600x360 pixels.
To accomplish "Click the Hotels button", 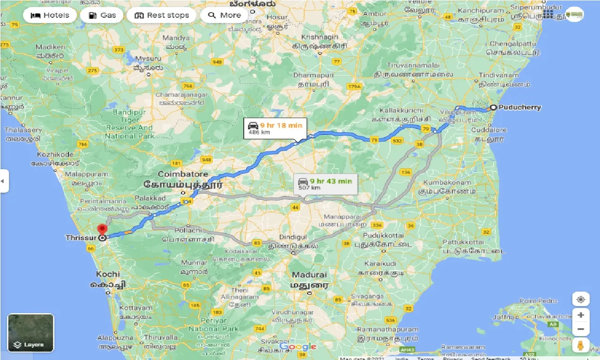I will (x=49, y=15).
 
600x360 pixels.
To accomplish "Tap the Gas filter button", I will (x=101, y=15).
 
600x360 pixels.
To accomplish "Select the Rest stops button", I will (x=161, y=15).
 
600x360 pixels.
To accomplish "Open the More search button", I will (x=224, y=15).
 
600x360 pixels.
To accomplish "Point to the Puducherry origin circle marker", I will (x=493, y=107).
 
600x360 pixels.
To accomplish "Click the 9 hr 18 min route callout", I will (x=275, y=128).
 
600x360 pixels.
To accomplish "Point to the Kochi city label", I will (x=108, y=274).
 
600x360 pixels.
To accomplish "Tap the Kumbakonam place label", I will (x=449, y=183).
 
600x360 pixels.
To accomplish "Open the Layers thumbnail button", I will (x=31, y=333).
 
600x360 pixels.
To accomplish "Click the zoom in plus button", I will (x=580, y=315).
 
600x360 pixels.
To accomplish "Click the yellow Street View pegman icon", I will (x=580, y=345).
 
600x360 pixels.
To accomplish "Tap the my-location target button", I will (x=580, y=299).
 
